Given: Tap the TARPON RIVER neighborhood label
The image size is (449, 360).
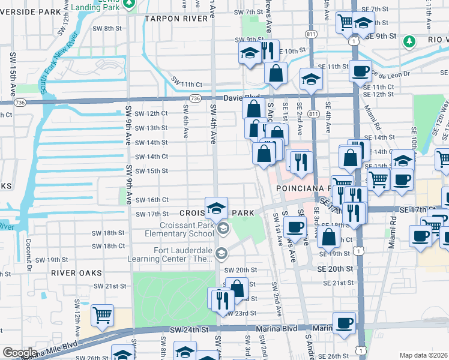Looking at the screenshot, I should point(180,18).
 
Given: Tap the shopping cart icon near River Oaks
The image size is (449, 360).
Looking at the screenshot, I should point(103,314).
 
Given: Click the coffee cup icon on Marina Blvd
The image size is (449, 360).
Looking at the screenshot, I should point(345,323).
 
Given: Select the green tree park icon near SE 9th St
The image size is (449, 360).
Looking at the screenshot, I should point(409,41).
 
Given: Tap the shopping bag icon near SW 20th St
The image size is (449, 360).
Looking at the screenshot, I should point(237,287).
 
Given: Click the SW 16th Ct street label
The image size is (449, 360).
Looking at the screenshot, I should point(151,200).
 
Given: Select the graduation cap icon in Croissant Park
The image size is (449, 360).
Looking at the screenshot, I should point(216,208).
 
